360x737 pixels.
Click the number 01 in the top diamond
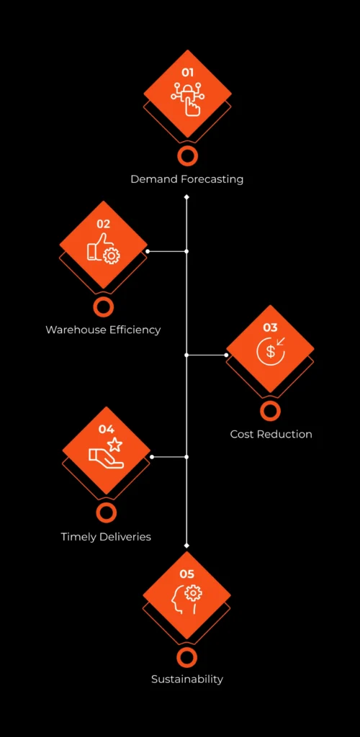click(x=187, y=73)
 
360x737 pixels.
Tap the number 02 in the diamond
click(x=104, y=224)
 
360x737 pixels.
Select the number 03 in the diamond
click(x=270, y=327)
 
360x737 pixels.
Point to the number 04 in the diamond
click(x=107, y=430)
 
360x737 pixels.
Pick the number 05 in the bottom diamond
click(x=187, y=574)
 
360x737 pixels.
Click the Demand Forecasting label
click(x=187, y=179)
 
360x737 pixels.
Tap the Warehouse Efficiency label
click(x=103, y=330)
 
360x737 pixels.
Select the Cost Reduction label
click(x=271, y=435)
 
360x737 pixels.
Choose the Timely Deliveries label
click(x=106, y=537)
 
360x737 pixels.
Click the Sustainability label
click(x=187, y=679)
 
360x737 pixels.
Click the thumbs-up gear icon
click(x=104, y=248)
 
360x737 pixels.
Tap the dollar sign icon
click(x=270, y=351)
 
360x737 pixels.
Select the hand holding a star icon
click(x=107, y=454)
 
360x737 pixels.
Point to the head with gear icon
click(x=186, y=599)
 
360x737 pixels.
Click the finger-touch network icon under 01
click(x=187, y=98)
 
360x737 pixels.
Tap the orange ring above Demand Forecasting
click(x=187, y=156)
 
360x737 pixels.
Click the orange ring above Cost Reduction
click(x=270, y=411)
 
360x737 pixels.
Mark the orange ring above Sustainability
click(x=187, y=657)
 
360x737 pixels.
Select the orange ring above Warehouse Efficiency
click(x=104, y=307)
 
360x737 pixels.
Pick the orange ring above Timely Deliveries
click(x=107, y=513)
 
